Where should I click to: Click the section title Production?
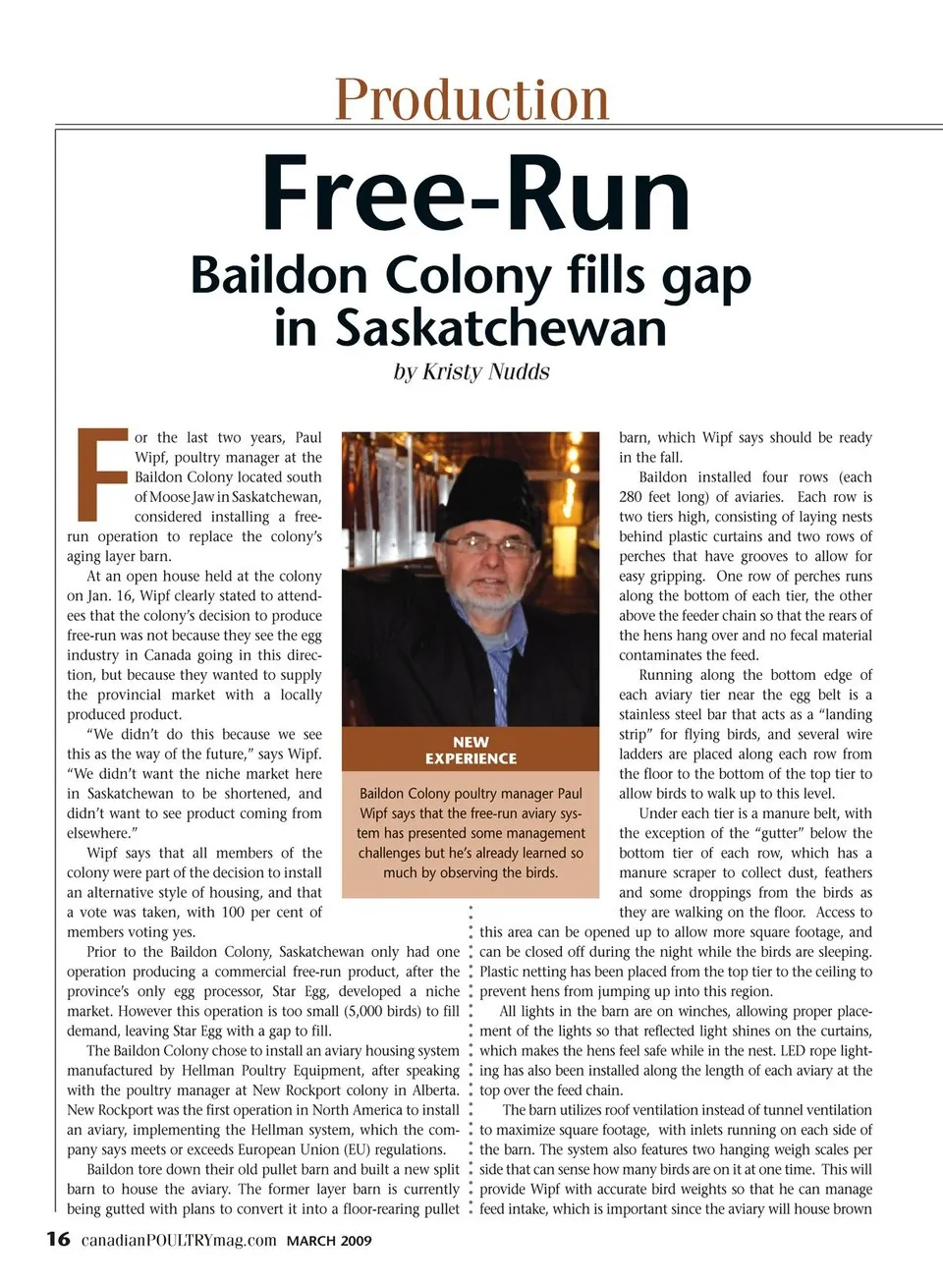click(x=471, y=99)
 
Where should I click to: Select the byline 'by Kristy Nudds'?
click(x=471, y=372)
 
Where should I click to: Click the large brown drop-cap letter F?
click(x=102, y=475)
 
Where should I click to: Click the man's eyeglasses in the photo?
click(x=478, y=547)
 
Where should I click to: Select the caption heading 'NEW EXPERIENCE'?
click(x=471, y=751)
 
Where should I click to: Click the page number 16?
click(x=58, y=1239)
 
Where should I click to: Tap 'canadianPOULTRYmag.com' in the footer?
click(x=179, y=1240)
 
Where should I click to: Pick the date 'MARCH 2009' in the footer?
click(x=329, y=1241)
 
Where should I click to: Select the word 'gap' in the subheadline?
click(x=706, y=276)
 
